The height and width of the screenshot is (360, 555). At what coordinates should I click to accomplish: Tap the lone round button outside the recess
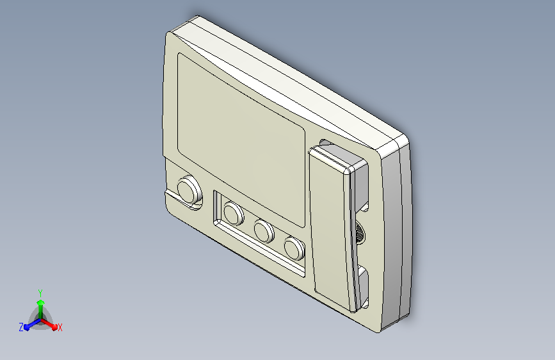click(x=189, y=190)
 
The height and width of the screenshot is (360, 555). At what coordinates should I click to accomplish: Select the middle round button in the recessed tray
click(x=264, y=231)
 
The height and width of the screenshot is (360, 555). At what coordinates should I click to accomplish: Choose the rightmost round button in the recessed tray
click(x=294, y=248)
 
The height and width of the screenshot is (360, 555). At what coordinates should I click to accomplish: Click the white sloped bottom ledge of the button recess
click(x=260, y=249)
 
